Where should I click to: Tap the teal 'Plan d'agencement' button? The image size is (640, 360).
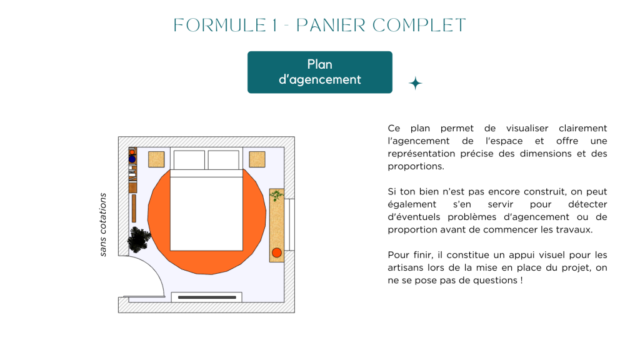pyautogui.click(x=319, y=72)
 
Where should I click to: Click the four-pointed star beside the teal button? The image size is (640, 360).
pyautogui.click(x=415, y=83)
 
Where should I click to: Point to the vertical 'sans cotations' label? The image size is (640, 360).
pyautogui.click(x=103, y=224)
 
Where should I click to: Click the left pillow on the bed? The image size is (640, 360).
pyautogui.click(x=189, y=160)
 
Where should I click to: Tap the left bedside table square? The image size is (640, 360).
pyautogui.click(x=156, y=159)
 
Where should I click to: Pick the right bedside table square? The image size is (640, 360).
pyautogui.click(x=257, y=159)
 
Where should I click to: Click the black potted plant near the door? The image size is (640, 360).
pyautogui.click(x=139, y=239)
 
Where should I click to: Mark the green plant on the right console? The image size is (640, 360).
pyautogui.click(x=276, y=196)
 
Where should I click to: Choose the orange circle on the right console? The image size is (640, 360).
pyautogui.click(x=277, y=253)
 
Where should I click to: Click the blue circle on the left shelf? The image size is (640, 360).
pyautogui.click(x=132, y=159)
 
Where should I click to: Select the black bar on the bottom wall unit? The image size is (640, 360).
pyautogui.click(x=206, y=297)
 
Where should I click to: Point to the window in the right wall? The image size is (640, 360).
pyautogui.click(x=289, y=226)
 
